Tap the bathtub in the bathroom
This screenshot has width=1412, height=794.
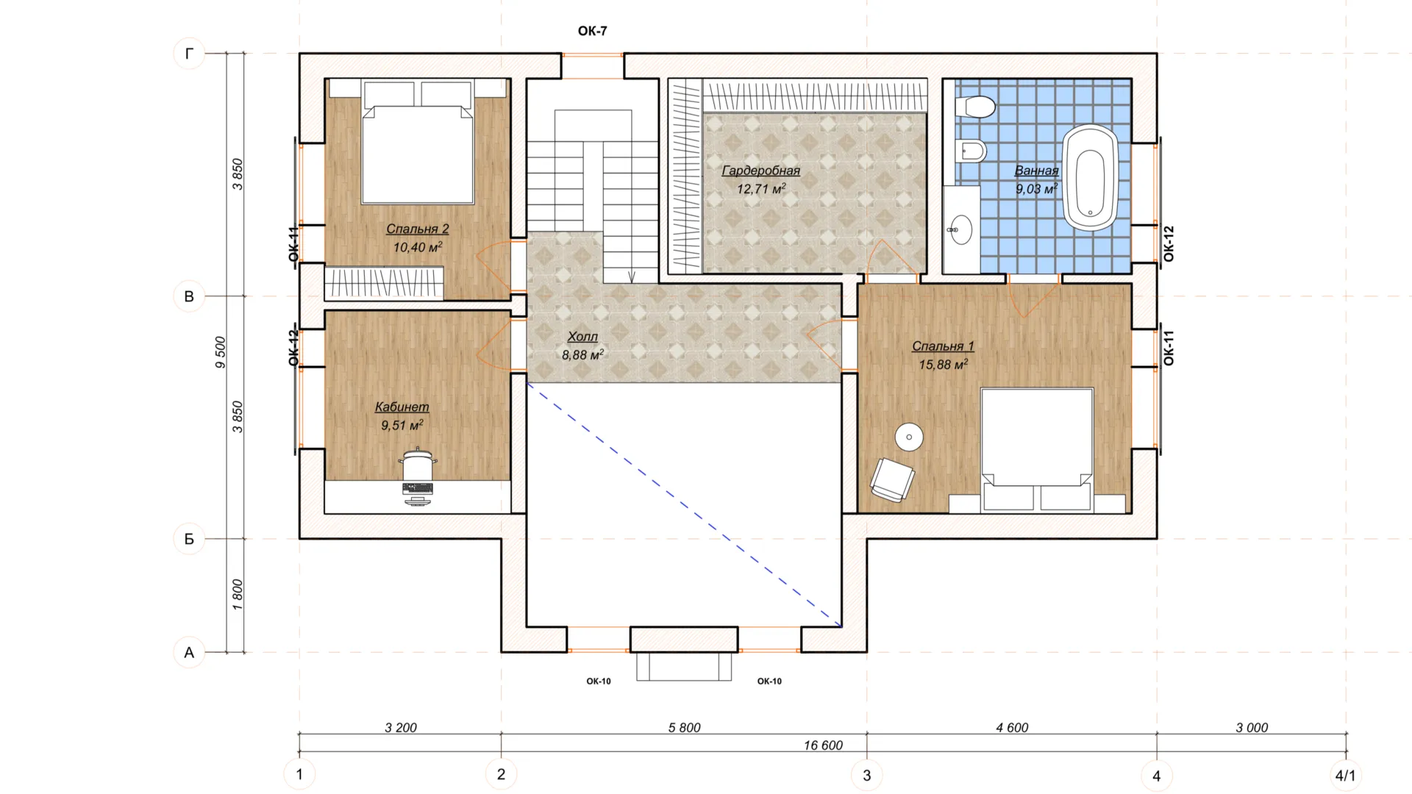pos(1089,178)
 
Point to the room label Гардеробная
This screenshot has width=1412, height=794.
pos(760,171)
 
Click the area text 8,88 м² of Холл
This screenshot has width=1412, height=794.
pos(582,354)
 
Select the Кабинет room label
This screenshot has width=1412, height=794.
pos(402,407)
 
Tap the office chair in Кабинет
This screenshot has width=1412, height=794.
pos(418,465)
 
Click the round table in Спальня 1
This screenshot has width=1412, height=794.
pos(909,437)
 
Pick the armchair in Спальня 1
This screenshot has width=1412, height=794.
pos(893,480)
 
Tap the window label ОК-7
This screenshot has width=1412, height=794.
pos(592,31)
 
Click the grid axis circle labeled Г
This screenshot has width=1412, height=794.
pos(189,53)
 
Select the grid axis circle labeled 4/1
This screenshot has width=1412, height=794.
pos(1346,775)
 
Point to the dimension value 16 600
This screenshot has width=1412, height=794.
pos(823,745)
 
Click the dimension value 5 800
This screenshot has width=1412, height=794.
pos(684,728)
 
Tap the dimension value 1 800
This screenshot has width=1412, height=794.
pos(237,595)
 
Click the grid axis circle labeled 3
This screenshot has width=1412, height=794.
pos(866,775)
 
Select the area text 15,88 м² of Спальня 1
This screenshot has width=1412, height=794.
pos(943,364)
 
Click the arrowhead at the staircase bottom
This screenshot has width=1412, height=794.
pos(631,276)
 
